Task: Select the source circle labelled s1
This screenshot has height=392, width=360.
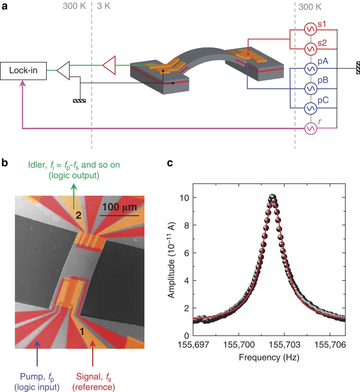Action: click(x=310, y=29)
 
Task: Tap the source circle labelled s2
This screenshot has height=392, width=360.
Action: click(x=310, y=49)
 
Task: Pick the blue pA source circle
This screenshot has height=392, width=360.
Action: click(x=310, y=68)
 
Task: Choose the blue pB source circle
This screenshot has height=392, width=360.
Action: click(x=310, y=89)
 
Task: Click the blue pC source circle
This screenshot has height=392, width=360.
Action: click(x=310, y=109)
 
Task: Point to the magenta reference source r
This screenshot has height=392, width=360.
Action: click(x=310, y=129)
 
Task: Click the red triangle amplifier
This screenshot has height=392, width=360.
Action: click(x=109, y=65)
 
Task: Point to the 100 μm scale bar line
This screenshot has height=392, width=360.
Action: click(x=119, y=216)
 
